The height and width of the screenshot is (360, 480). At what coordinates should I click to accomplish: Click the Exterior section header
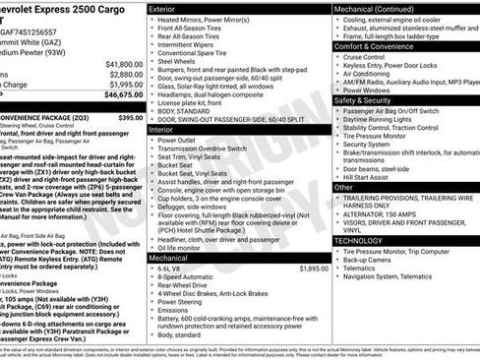(167, 8)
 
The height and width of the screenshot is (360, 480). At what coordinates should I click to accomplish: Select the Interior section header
(165, 129)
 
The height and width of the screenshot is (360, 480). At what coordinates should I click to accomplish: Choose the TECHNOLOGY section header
(359, 239)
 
